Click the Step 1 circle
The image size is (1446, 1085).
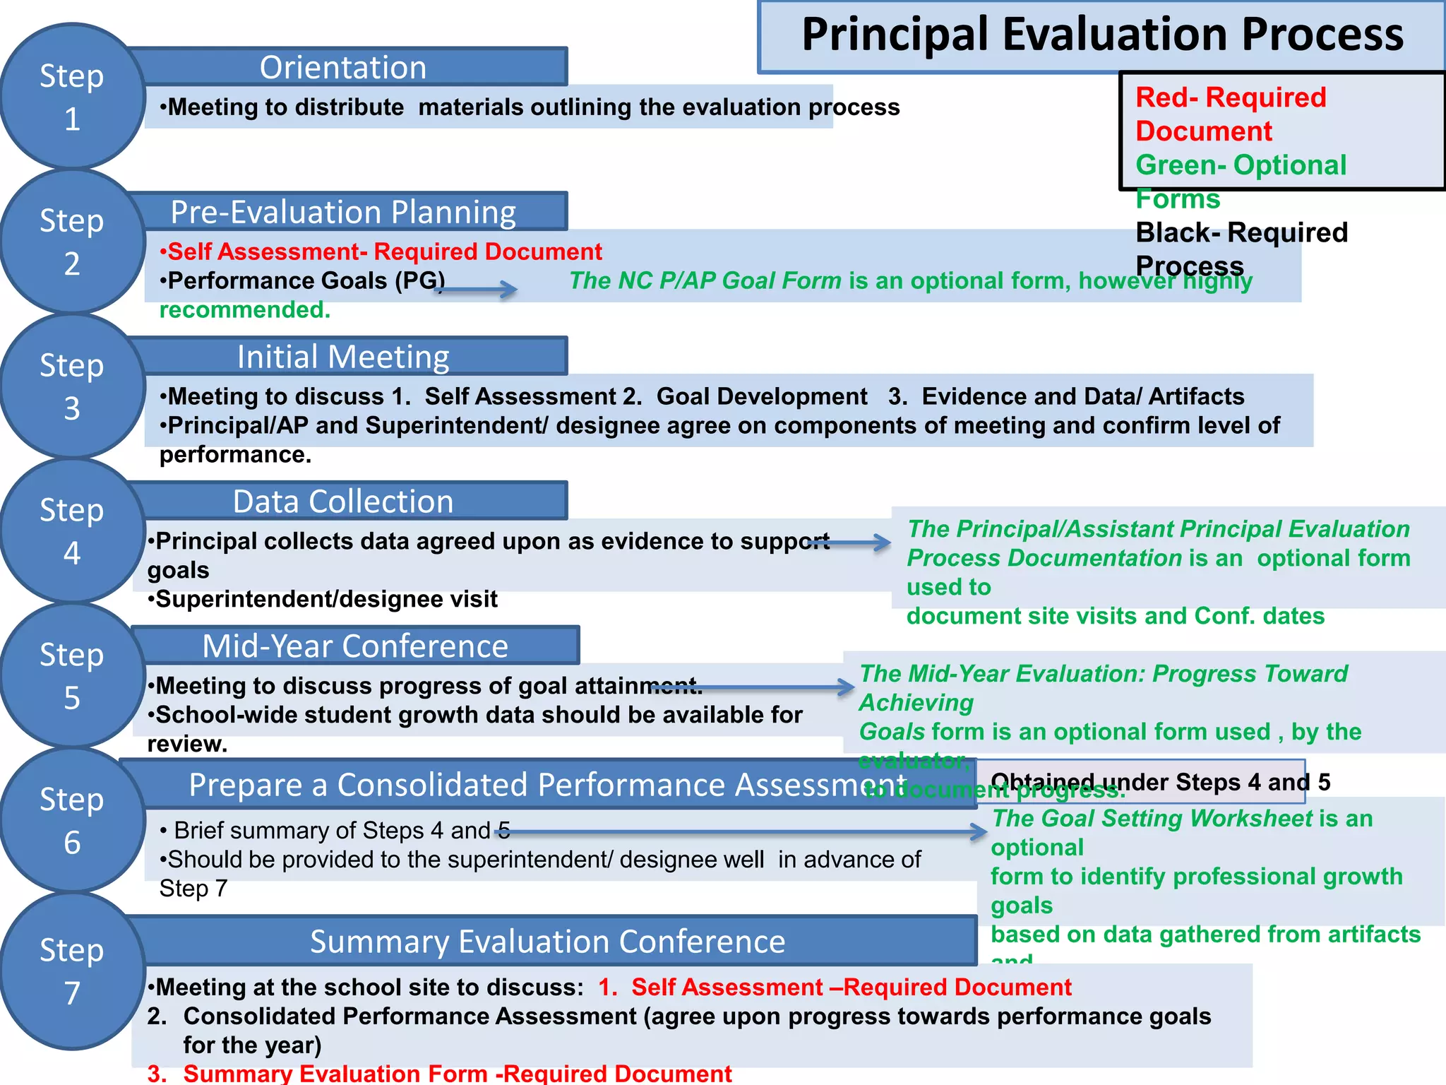point(72,97)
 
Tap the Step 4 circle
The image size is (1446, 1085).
point(72,531)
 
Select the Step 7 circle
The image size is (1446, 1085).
point(72,971)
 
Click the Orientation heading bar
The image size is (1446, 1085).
point(344,68)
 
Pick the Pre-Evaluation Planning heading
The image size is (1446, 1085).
point(344,212)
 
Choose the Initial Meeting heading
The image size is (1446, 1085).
point(344,357)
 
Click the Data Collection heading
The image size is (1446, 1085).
point(344,502)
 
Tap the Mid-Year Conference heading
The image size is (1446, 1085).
point(355,646)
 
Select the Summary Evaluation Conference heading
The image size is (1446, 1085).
point(548,942)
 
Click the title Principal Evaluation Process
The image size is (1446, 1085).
point(1102,35)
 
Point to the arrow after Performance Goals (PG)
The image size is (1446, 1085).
point(477,288)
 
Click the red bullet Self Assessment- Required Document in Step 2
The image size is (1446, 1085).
point(381,252)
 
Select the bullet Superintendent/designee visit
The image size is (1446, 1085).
point(323,600)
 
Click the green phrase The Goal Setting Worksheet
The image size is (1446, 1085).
point(1152,819)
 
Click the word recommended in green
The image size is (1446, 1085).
point(244,310)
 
